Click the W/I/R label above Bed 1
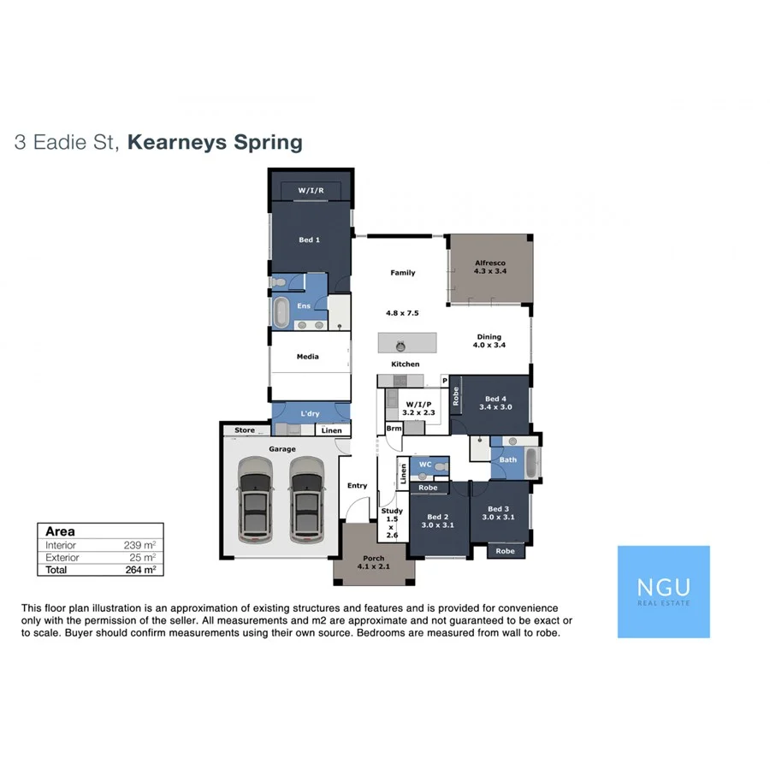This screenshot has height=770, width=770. [311, 190]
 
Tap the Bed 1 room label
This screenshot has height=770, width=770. [309, 240]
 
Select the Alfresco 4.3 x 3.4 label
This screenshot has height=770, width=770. [490, 267]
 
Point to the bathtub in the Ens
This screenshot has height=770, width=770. [281, 311]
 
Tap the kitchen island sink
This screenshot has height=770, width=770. [399, 345]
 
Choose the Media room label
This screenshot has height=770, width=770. [308, 357]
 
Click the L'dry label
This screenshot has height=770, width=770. [310, 414]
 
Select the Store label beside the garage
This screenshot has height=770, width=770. [245, 430]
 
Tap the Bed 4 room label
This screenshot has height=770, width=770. [496, 403]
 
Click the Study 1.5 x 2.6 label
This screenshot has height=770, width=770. [391, 523]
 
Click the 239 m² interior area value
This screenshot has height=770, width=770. [140, 545]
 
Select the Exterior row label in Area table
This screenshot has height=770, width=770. [62, 557]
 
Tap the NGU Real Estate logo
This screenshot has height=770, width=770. [663, 591]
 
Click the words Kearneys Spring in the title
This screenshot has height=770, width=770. [215, 142]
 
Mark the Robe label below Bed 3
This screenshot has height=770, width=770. [506, 551]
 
